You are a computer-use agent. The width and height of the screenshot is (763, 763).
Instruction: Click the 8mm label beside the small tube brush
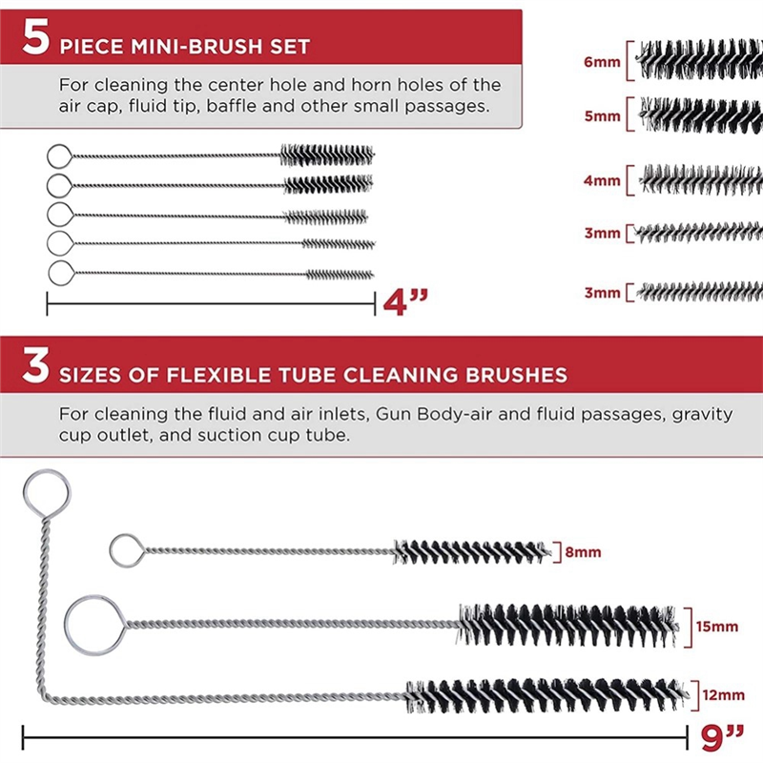pyautogui.click(x=582, y=552)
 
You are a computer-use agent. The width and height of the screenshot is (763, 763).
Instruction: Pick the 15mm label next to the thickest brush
pyautogui.click(x=717, y=627)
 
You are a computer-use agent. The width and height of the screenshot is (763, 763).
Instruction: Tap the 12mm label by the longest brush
pyautogui.click(x=721, y=695)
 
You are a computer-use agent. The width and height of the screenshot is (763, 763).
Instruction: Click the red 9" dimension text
pyautogui.click(x=722, y=737)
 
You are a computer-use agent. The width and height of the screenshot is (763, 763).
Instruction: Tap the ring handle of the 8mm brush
pyautogui.click(x=126, y=549)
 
